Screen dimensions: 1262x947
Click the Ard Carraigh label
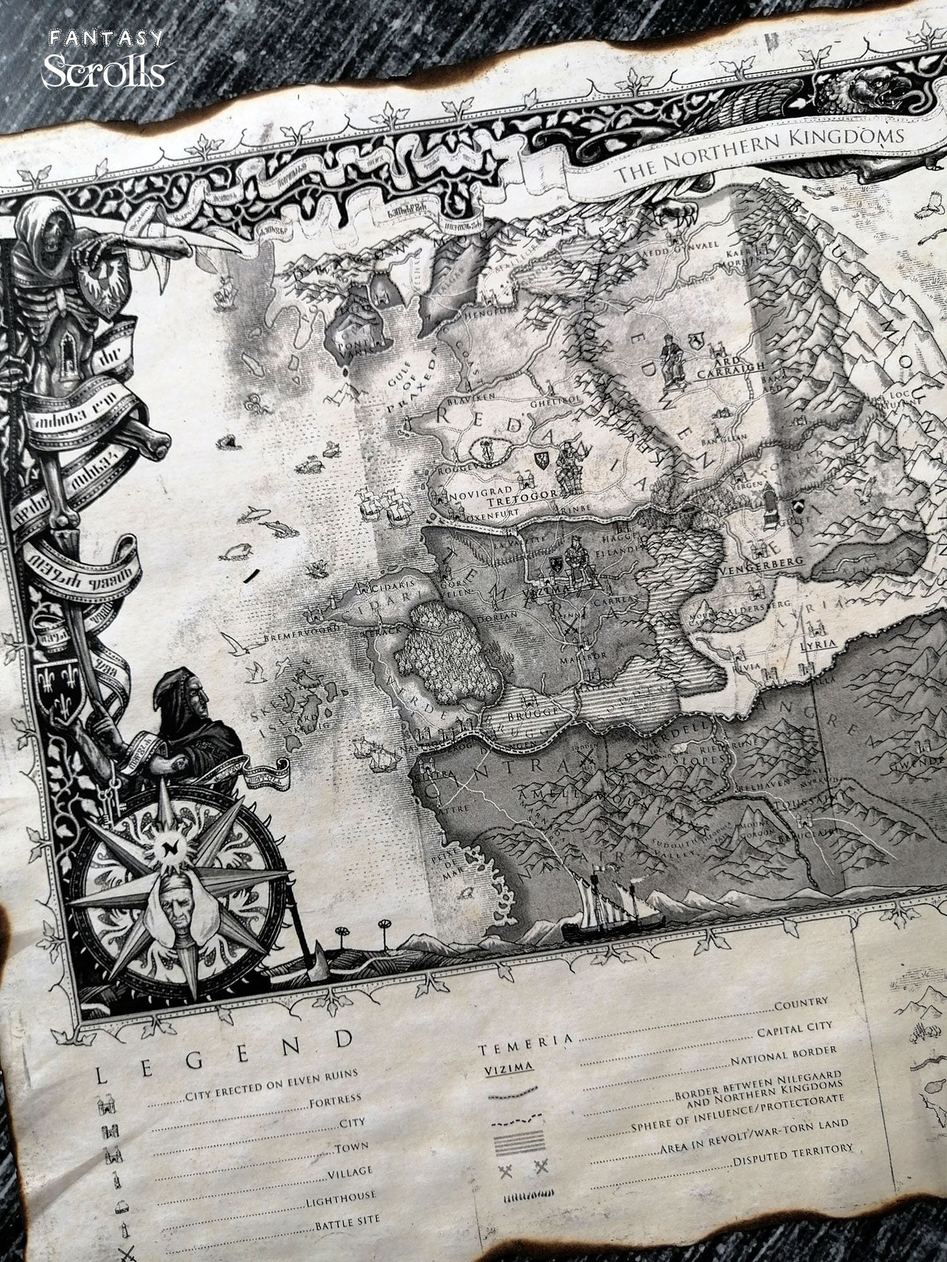tap(730, 370)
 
